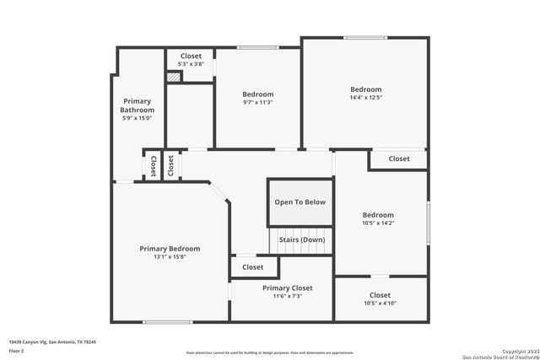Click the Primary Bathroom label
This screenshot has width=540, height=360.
(137, 105)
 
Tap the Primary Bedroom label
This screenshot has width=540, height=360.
(170, 249)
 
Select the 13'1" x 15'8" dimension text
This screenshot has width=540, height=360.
(170, 257)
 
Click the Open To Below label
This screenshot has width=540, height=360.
(300, 202)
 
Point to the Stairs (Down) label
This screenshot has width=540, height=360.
(301, 239)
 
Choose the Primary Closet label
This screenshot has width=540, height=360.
(281, 288)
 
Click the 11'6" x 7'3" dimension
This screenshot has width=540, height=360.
(281, 297)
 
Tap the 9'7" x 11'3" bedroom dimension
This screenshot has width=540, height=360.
(258, 103)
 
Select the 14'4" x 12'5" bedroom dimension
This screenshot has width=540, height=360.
(366, 98)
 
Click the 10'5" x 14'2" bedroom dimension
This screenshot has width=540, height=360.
(378, 223)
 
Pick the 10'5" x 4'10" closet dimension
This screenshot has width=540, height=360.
(380, 304)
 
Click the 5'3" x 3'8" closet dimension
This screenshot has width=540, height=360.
(191, 64)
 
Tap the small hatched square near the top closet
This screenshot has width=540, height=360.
(173, 77)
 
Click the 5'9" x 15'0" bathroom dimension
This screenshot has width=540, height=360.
(137, 118)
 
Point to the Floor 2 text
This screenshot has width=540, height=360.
(17, 351)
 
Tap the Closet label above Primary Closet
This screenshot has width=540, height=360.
(253, 267)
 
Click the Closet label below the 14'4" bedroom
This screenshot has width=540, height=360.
(398, 159)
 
